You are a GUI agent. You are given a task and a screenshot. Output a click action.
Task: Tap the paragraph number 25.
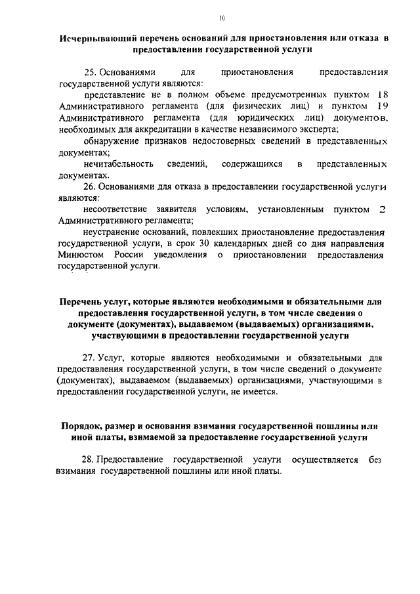90,72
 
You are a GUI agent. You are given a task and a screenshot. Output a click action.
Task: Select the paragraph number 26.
90,186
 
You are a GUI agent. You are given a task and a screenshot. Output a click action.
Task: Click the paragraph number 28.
90,460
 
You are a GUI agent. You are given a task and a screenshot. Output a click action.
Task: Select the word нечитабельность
118,163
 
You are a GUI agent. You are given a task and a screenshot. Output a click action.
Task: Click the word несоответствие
116,209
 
